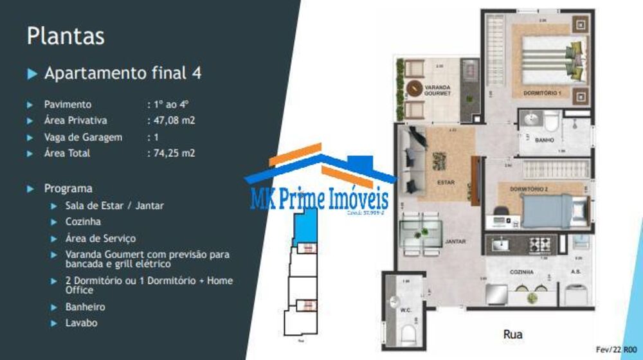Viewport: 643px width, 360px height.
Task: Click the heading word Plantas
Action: (x=66, y=36)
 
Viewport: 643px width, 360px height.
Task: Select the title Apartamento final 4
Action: (x=122, y=73)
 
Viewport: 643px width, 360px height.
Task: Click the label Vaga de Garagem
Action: (x=83, y=137)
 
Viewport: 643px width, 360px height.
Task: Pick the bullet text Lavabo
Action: (x=82, y=323)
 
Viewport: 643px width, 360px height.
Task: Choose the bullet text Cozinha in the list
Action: (x=83, y=221)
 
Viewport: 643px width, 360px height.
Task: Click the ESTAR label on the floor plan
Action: (x=446, y=182)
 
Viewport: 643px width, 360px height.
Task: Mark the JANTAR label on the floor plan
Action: (x=455, y=242)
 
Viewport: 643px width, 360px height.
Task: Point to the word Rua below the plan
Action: (x=513, y=334)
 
